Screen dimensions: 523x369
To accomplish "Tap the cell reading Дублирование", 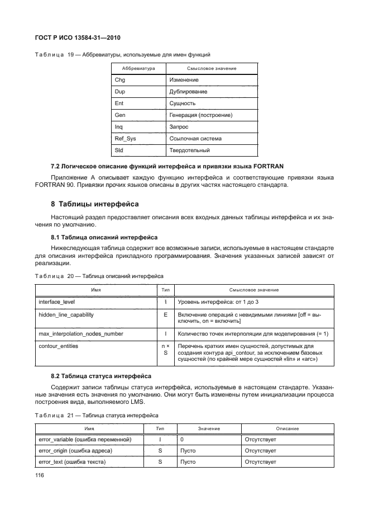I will [x=188, y=92].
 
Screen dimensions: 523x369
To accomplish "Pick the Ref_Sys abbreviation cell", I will [x=124, y=139].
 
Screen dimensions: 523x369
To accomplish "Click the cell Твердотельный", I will [x=189, y=150].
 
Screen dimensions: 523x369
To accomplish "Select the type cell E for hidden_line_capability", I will [x=165, y=315].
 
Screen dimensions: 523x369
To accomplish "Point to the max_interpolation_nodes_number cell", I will [x=81, y=334].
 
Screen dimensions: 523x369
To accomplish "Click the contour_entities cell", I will [x=58, y=346].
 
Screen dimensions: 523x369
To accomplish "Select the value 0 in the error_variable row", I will [x=182, y=440].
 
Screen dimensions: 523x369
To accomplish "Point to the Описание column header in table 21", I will [x=287, y=428].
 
